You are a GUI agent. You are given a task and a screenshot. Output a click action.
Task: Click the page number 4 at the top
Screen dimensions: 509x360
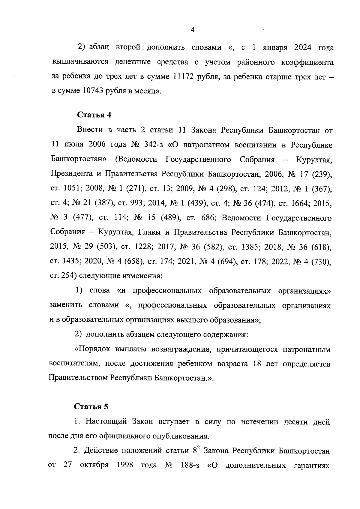click(x=193, y=30)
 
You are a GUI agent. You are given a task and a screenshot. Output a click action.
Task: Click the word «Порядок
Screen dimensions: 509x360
click(x=91, y=349)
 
